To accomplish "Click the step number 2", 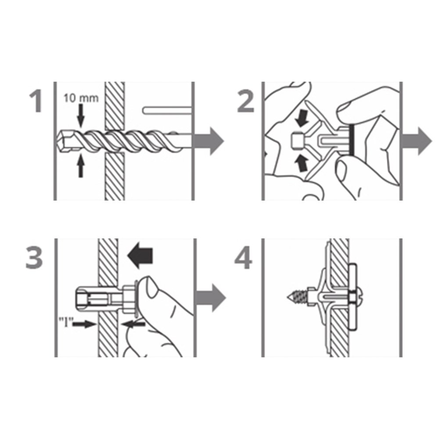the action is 245,101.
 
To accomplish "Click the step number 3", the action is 34,258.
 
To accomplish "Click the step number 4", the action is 243,258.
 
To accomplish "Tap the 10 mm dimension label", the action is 81,98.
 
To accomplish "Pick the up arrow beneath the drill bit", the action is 81,166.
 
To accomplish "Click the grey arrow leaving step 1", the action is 208,141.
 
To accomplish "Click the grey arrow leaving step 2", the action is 417,141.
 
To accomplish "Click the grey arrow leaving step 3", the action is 210,298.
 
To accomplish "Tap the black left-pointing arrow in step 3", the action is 140,255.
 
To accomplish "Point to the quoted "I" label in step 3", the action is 65,323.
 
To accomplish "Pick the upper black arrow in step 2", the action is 302,117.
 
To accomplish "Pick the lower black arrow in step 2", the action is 302,164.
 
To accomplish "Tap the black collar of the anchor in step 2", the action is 351,140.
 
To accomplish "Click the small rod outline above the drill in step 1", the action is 167,110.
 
